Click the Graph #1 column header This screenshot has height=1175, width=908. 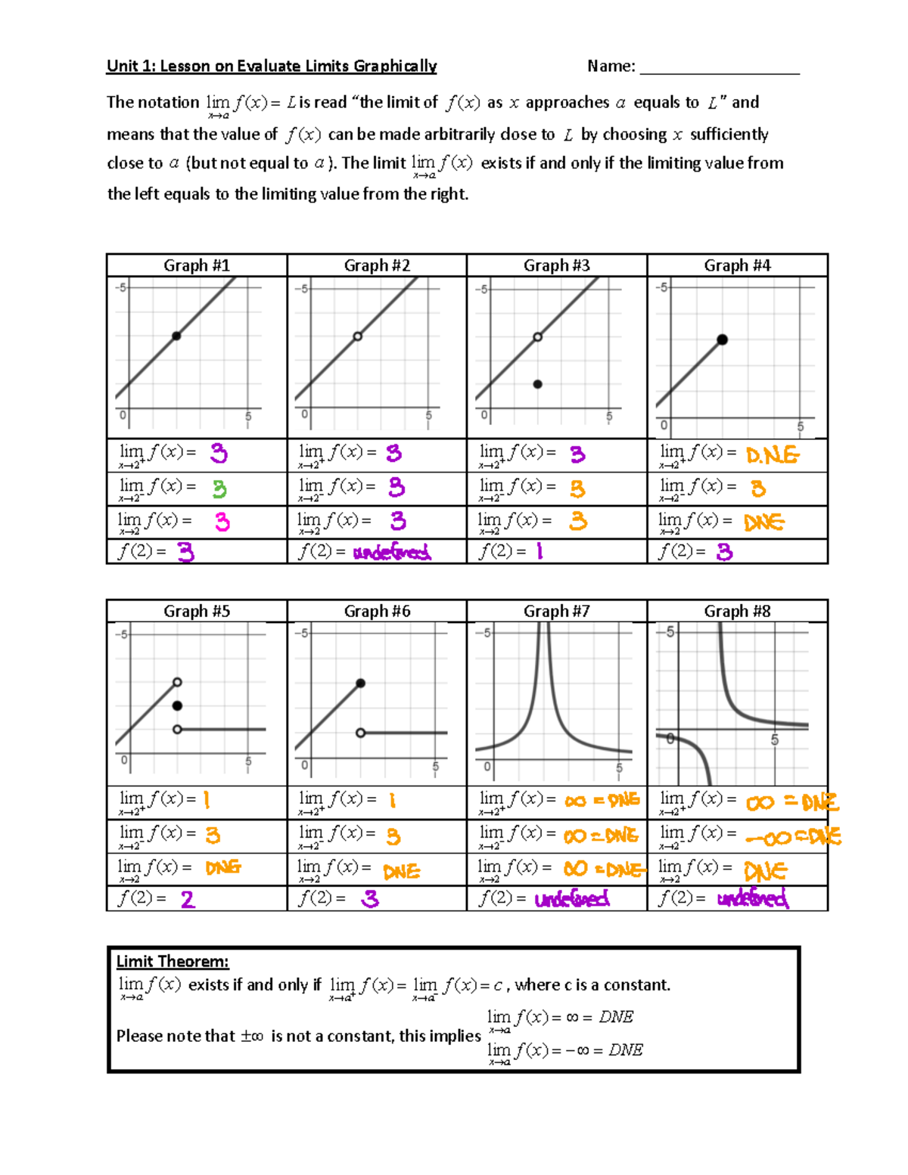point(197,265)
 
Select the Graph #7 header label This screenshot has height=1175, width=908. point(556,611)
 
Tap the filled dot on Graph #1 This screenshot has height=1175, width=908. point(176,336)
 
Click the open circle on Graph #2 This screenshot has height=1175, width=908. point(358,336)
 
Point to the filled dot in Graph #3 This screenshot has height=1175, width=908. point(537,384)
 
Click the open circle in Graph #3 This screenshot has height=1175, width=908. point(537,336)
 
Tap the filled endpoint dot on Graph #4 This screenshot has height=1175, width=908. point(723,339)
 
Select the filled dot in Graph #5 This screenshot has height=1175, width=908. point(177,705)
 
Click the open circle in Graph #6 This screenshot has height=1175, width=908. point(361,733)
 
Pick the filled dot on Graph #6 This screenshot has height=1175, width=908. point(361,684)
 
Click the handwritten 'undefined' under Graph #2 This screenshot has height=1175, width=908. point(392,553)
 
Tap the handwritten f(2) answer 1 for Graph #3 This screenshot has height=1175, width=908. point(540,552)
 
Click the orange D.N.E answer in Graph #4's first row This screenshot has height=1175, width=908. point(772,455)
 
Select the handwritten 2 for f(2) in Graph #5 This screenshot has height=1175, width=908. point(188,899)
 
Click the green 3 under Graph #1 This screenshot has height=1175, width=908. point(219,489)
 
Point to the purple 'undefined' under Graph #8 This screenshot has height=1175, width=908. point(752,899)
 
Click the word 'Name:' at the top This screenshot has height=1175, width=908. point(611,67)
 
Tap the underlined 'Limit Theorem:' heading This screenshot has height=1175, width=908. point(173,962)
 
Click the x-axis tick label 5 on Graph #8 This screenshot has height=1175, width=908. point(775,740)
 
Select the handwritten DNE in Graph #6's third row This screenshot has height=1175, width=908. point(401,872)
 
